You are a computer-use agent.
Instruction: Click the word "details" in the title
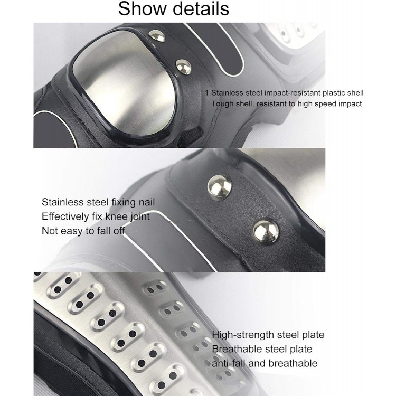(201, 8)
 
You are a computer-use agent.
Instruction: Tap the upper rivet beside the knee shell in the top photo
(157, 35)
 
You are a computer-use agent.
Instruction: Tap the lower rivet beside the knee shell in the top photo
(183, 67)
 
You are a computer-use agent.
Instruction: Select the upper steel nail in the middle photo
(220, 187)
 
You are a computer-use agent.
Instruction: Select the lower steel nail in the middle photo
(266, 231)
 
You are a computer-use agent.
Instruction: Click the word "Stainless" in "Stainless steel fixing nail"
(63, 202)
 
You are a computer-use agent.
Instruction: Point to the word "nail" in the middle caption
(147, 202)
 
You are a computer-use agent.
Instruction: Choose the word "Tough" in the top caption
(222, 104)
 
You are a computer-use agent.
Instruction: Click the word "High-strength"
(243, 335)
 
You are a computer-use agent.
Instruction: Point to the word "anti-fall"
(229, 363)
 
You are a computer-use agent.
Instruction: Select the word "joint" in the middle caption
(140, 217)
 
